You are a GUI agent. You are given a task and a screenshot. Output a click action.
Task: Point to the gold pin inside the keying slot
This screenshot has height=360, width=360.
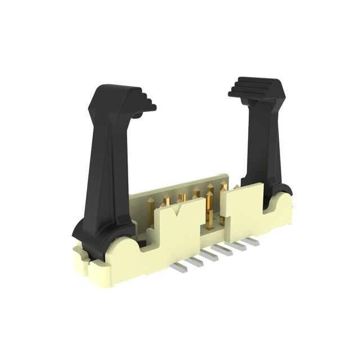tap(209, 211)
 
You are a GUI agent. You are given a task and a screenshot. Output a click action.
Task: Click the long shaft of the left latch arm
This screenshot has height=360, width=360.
tap(110, 169)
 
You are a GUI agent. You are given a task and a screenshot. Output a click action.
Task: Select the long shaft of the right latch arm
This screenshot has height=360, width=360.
tap(264, 146)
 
